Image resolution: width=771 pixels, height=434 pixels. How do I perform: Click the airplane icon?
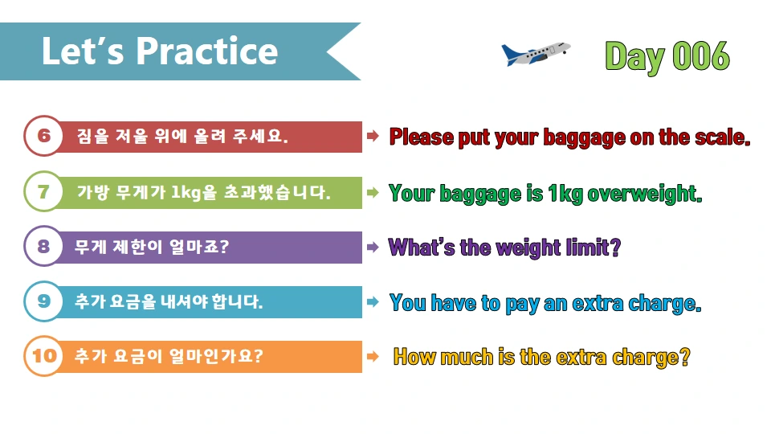535,53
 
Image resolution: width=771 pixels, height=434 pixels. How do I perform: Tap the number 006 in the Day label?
700,56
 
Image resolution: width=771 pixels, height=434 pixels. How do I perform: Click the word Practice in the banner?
206,51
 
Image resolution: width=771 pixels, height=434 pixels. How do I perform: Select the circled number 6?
43,137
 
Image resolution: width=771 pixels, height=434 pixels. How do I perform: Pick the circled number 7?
43,192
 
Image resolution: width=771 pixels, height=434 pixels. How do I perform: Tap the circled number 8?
43,247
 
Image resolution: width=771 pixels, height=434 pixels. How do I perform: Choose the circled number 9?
43,301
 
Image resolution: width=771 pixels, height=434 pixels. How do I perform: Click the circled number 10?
43,355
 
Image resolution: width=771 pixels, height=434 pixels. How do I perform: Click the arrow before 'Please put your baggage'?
373,137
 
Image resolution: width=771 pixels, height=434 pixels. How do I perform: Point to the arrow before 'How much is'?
373,356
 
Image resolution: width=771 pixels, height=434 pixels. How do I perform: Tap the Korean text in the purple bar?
152,247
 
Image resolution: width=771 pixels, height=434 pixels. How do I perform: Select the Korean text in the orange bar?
169,356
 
